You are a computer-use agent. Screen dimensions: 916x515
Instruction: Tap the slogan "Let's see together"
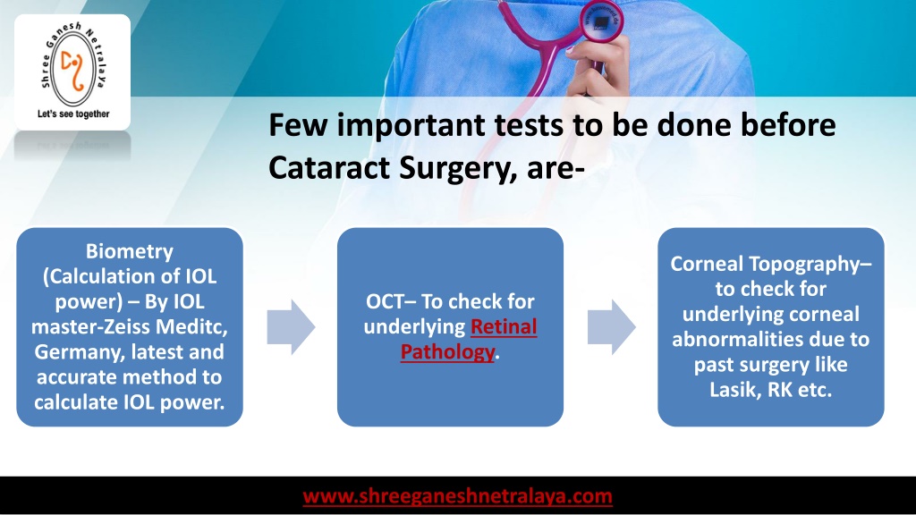(73, 114)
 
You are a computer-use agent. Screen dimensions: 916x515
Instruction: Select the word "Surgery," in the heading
(458, 169)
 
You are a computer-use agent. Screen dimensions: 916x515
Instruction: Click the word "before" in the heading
(788, 125)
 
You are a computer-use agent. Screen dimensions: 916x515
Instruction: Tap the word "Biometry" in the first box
(130, 251)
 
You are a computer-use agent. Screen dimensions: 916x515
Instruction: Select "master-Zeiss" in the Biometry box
(90, 326)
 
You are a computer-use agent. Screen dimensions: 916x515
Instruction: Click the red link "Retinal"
(504, 326)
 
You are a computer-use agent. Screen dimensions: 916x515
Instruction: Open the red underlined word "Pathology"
(447, 352)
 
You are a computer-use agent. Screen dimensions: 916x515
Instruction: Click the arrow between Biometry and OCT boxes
(291, 327)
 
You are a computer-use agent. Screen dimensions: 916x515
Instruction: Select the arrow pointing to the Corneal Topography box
(611, 327)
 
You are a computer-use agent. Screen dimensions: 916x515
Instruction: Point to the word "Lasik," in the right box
(735, 390)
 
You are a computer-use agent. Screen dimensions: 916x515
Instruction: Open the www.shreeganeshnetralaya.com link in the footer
(457, 496)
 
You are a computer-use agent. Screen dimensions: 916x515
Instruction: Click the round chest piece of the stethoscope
(601, 21)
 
